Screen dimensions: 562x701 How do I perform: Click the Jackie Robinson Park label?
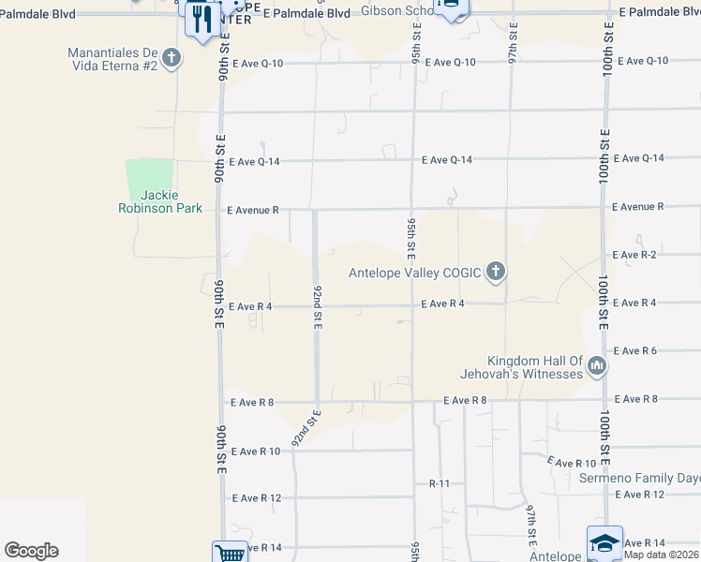tap(158, 201)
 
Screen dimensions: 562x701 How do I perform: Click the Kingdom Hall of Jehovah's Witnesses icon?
tap(596, 367)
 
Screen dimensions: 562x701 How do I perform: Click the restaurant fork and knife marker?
tap(202, 19)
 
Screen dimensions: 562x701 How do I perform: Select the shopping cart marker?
tap(230, 553)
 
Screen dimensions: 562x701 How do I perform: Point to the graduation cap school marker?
tap(604, 543)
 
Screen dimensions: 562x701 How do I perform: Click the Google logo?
tap(31, 551)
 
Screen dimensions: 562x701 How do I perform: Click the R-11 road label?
tap(440, 483)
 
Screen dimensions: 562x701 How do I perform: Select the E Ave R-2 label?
tap(634, 255)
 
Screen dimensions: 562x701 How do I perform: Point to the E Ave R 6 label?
tap(634, 350)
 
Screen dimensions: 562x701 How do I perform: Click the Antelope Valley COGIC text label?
tap(414, 274)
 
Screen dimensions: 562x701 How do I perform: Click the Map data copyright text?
tap(662, 555)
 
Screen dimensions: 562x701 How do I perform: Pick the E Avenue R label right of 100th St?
tap(637, 206)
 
